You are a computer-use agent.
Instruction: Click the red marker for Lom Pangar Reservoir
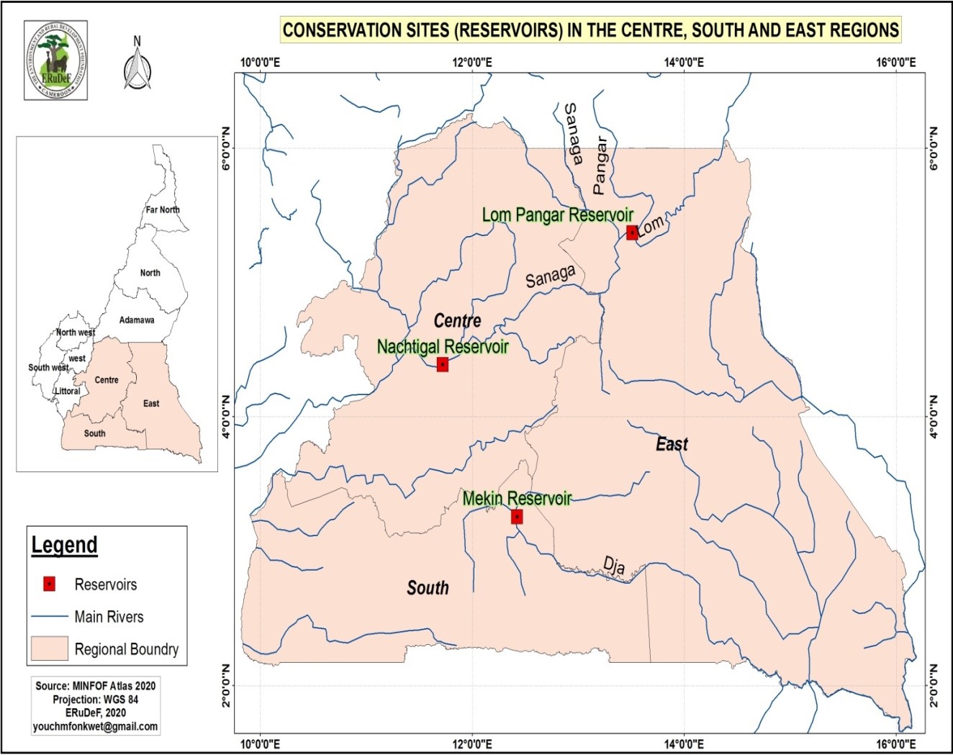click(632, 232)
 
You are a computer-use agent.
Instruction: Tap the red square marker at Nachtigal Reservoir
click(443, 364)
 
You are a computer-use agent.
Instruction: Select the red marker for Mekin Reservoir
click(517, 517)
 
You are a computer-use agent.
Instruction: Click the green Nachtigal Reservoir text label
click(443, 347)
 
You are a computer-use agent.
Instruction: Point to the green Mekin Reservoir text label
click(517, 498)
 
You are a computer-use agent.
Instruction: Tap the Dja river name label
click(614, 566)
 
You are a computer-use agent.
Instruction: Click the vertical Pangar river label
click(600, 166)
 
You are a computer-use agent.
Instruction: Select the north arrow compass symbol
click(137, 65)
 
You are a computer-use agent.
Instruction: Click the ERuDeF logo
click(55, 60)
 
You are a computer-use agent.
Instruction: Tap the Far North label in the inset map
click(163, 209)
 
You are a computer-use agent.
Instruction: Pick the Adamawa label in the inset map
click(137, 320)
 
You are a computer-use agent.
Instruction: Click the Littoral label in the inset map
click(68, 391)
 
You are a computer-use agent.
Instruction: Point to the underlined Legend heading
click(64, 545)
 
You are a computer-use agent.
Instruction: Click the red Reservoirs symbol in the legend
click(49, 584)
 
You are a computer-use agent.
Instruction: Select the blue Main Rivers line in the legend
click(49, 617)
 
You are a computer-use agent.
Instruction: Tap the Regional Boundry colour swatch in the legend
click(49, 648)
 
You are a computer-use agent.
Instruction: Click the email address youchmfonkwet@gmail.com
click(95, 726)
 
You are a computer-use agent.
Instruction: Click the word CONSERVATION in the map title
click(332, 30)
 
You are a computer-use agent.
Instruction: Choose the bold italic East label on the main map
click(672, 444)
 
